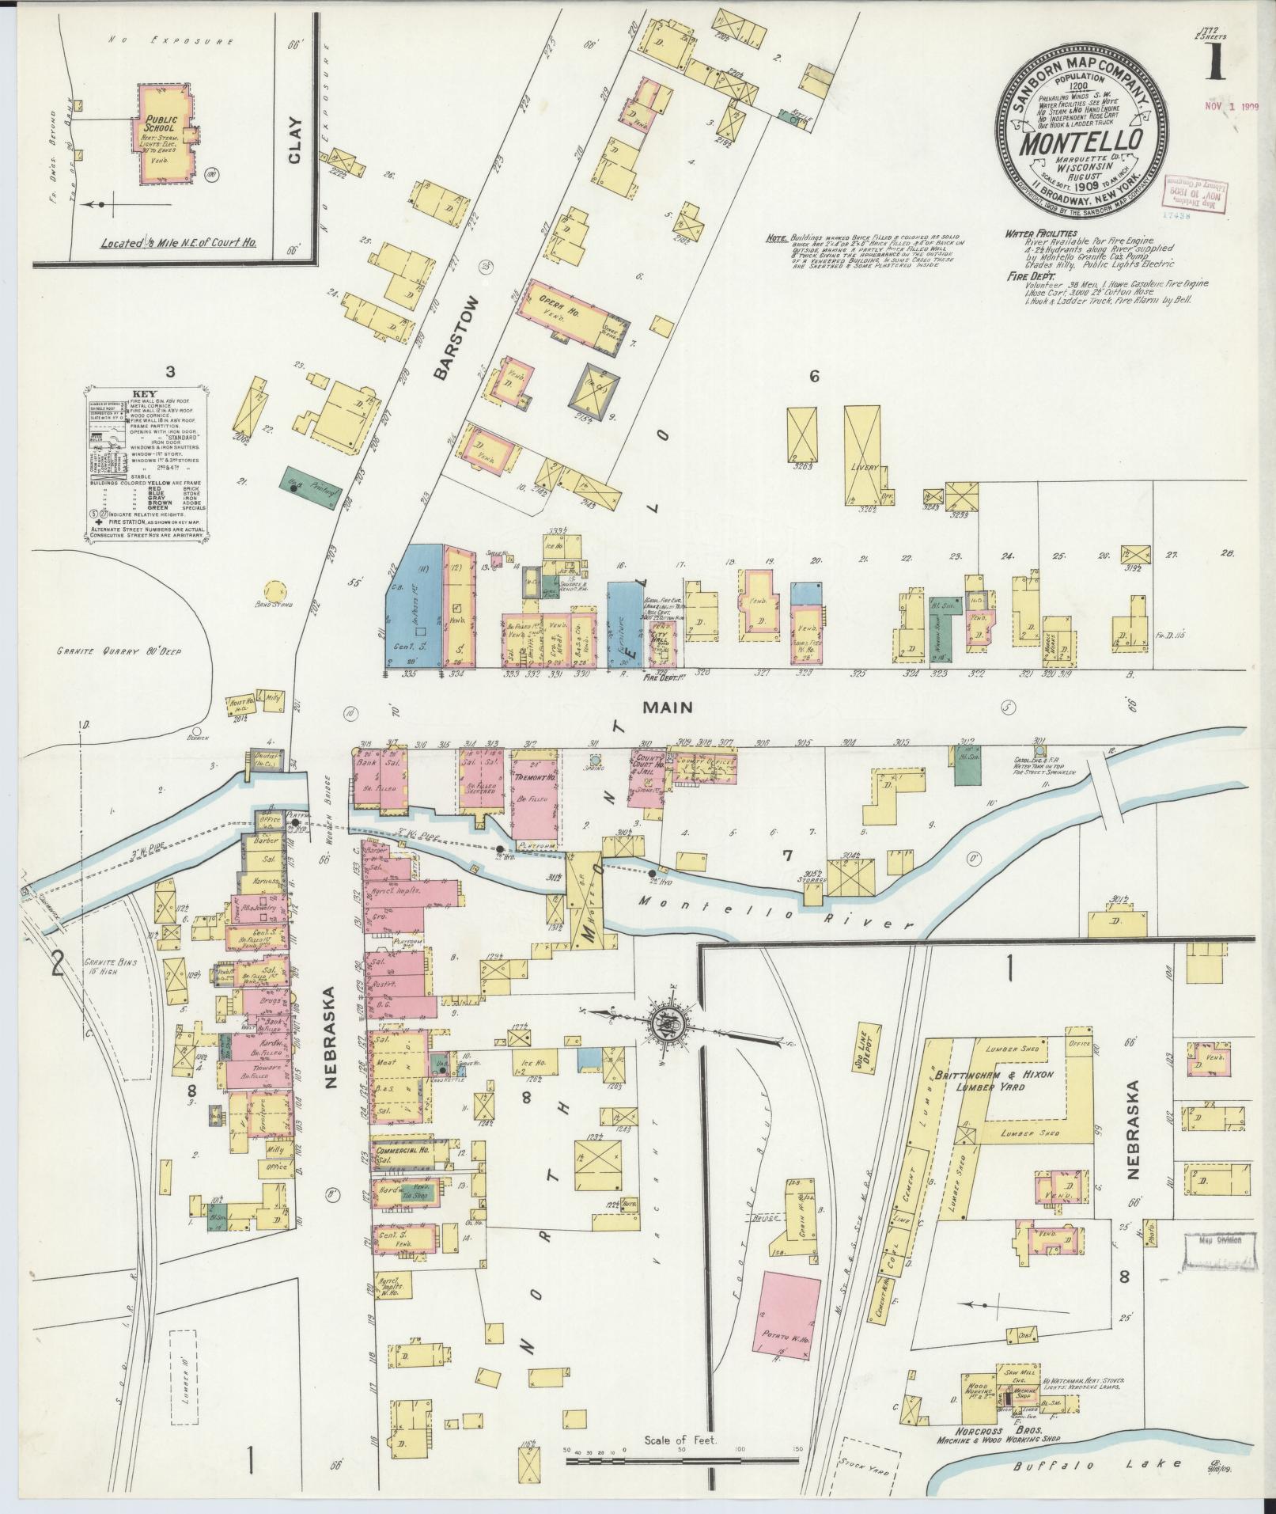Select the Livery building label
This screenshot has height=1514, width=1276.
(x=865, y=468)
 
